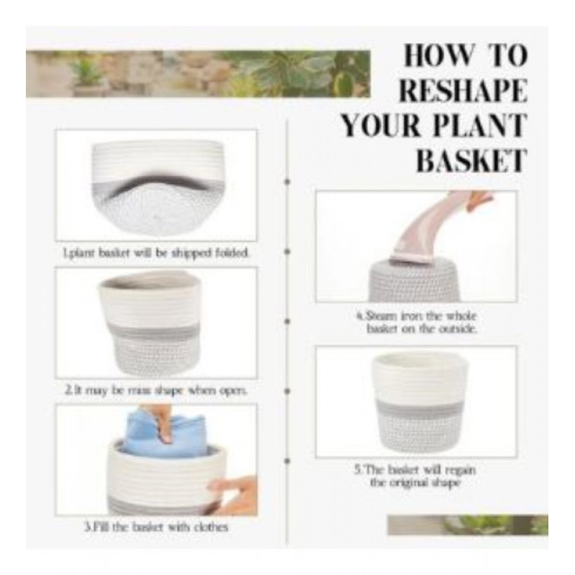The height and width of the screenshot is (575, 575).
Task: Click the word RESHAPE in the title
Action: tap(463, 91)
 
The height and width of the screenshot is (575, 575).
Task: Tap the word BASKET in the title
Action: tap(471, 160)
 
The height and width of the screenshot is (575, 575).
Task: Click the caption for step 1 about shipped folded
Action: tap(156, 253)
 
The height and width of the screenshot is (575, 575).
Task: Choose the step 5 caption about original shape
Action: tap(415, 476)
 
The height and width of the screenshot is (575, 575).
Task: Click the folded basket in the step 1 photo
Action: tap(156, 185)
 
